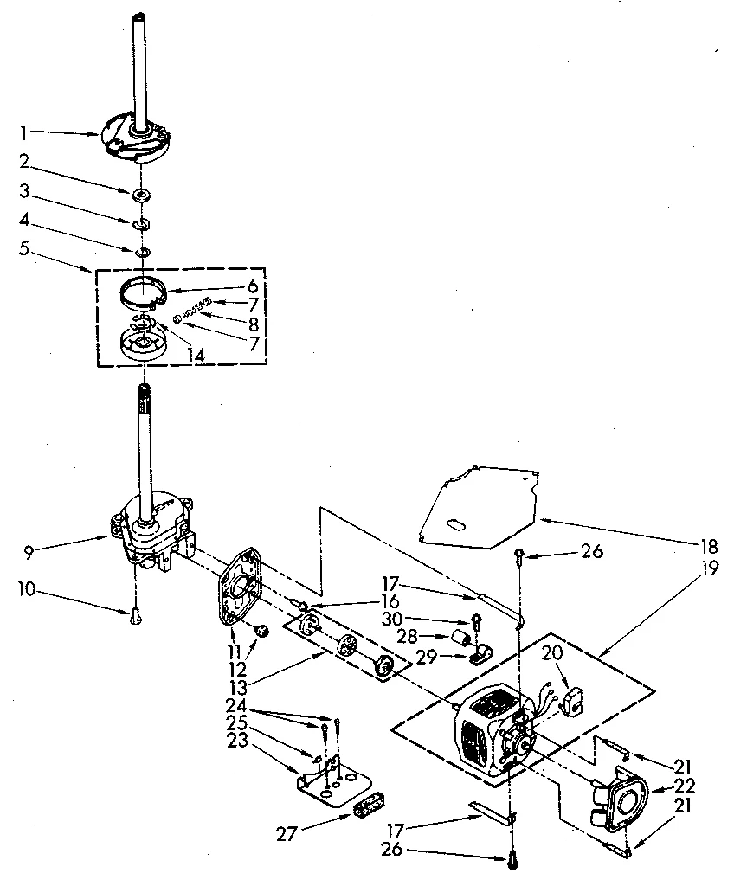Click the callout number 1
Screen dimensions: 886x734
tap(23, 132)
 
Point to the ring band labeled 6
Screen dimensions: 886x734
tap(140, 291)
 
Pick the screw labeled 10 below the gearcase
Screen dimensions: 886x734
tap(136, 615)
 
